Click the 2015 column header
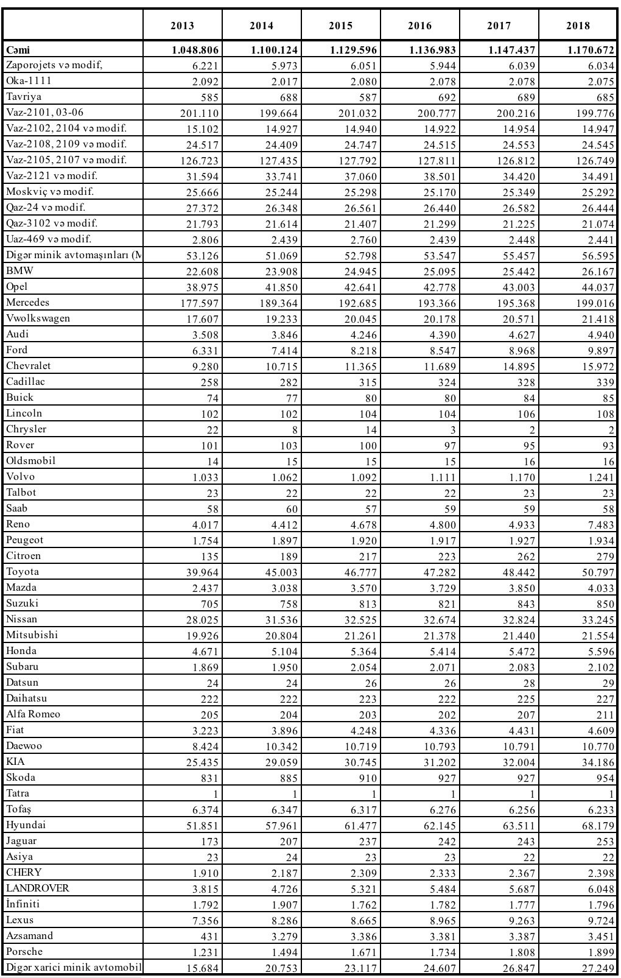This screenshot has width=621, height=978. (340, 26)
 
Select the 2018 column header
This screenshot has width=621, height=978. (578, 26)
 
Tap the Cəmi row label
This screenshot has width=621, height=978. (18, 50)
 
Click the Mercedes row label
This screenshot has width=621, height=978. (28, 303)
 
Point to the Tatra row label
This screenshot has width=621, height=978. (18, 793)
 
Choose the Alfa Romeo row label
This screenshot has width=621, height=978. (33, 714)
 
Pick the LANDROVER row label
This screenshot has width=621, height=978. (38, 888)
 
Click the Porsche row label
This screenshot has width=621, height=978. (25, 952)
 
